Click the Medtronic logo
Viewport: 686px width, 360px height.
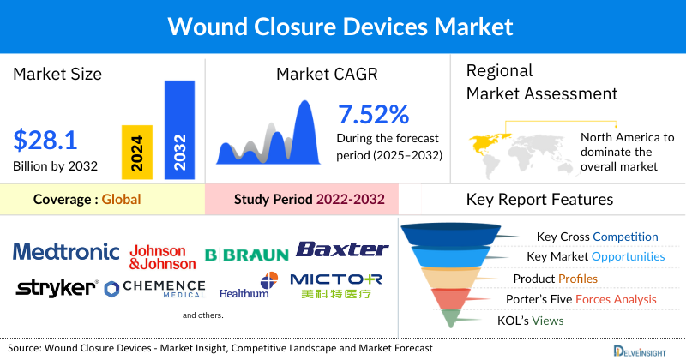[x=66, y=251]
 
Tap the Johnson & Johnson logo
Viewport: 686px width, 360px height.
[x=157, y=257]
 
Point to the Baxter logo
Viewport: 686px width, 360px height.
[x=342, y=249]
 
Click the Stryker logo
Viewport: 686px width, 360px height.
[x=57, y=286]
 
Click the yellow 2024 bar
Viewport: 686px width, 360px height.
[x=137, y=151]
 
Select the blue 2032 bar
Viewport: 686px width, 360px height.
[x=179, y=129]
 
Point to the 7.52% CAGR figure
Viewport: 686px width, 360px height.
[x=373, y=114]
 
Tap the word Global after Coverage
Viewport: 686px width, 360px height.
[x=121, y=200]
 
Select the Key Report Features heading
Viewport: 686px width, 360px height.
[x=539, y=200]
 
